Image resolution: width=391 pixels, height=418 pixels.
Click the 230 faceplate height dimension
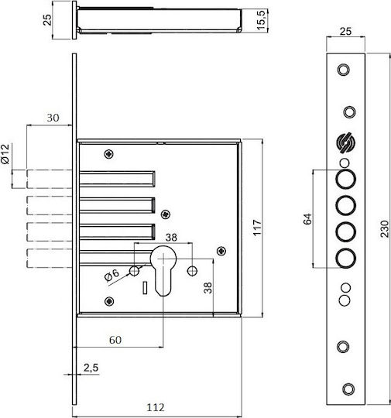tap(385, 228)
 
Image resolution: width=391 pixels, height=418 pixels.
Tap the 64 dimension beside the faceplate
tap(307, 219)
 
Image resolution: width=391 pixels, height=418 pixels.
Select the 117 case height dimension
tap(258, 228)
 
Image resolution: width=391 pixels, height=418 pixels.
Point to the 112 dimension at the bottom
tap(156, 407)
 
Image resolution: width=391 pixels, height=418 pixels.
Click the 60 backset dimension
tap(115, 340)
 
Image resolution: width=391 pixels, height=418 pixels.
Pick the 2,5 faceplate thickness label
tap(91, 368)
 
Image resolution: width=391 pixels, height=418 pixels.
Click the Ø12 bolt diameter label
tap(5, 154)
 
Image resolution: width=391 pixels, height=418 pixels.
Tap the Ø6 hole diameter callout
tap(111, 275)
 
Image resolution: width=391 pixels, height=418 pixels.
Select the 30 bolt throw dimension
tap(53, 118)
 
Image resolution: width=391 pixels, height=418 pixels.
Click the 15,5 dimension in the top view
tap(261, 20)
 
